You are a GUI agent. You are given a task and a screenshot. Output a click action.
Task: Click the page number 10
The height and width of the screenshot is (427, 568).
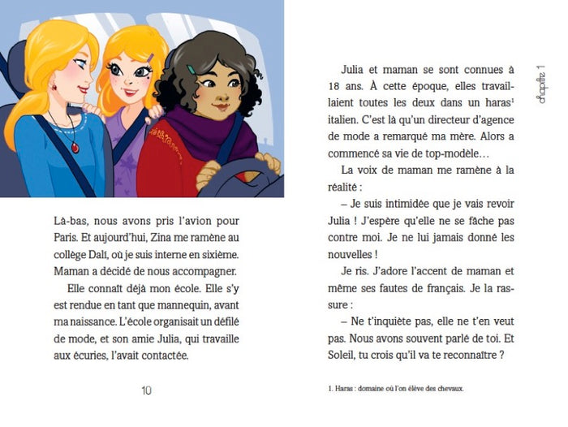(146, 390)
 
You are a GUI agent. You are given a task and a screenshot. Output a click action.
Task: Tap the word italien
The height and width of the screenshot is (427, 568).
(351, 120)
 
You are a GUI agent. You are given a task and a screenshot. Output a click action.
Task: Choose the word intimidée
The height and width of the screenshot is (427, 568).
(411, 203)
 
